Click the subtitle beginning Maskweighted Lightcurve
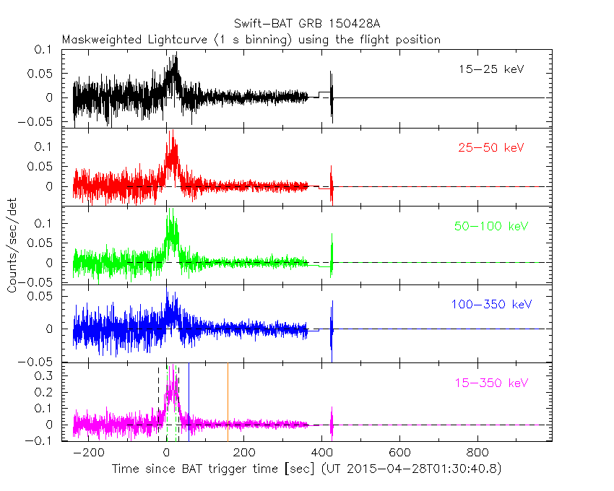pos(251,40)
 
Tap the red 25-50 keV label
pos(490,148)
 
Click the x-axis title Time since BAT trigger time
pos(306,469)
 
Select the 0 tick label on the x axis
pos(166,453)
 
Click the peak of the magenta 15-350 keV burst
pos(172,367)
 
